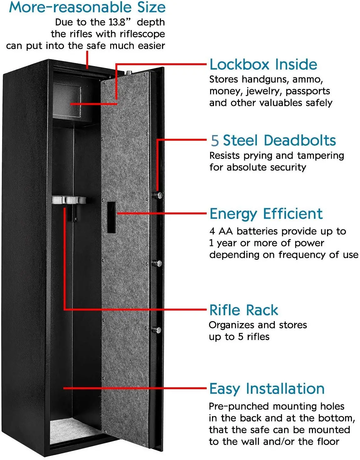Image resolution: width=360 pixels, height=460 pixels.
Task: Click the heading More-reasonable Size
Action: [x=87, y=8]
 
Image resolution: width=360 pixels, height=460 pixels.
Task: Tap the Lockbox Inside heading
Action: [x=263, y=65]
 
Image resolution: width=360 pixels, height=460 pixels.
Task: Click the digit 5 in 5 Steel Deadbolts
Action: [x=214, y=141]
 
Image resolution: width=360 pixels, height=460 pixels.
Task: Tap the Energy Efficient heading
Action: [x=266, y=214]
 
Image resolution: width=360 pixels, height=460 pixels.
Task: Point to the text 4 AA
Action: [x=221, y=231]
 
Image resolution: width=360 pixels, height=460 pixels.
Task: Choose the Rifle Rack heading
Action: [x=244, y=310]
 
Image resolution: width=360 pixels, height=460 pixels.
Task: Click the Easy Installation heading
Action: [x=267, y=389]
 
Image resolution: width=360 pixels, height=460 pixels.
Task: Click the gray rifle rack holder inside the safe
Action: [x=69, y=200]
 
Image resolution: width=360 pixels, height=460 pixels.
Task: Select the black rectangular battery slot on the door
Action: [x=111, y=217]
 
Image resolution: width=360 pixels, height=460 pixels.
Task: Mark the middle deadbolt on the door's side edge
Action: [x=158, y=263]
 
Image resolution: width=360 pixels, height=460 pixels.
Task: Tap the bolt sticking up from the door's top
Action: [x=129, y=73]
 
